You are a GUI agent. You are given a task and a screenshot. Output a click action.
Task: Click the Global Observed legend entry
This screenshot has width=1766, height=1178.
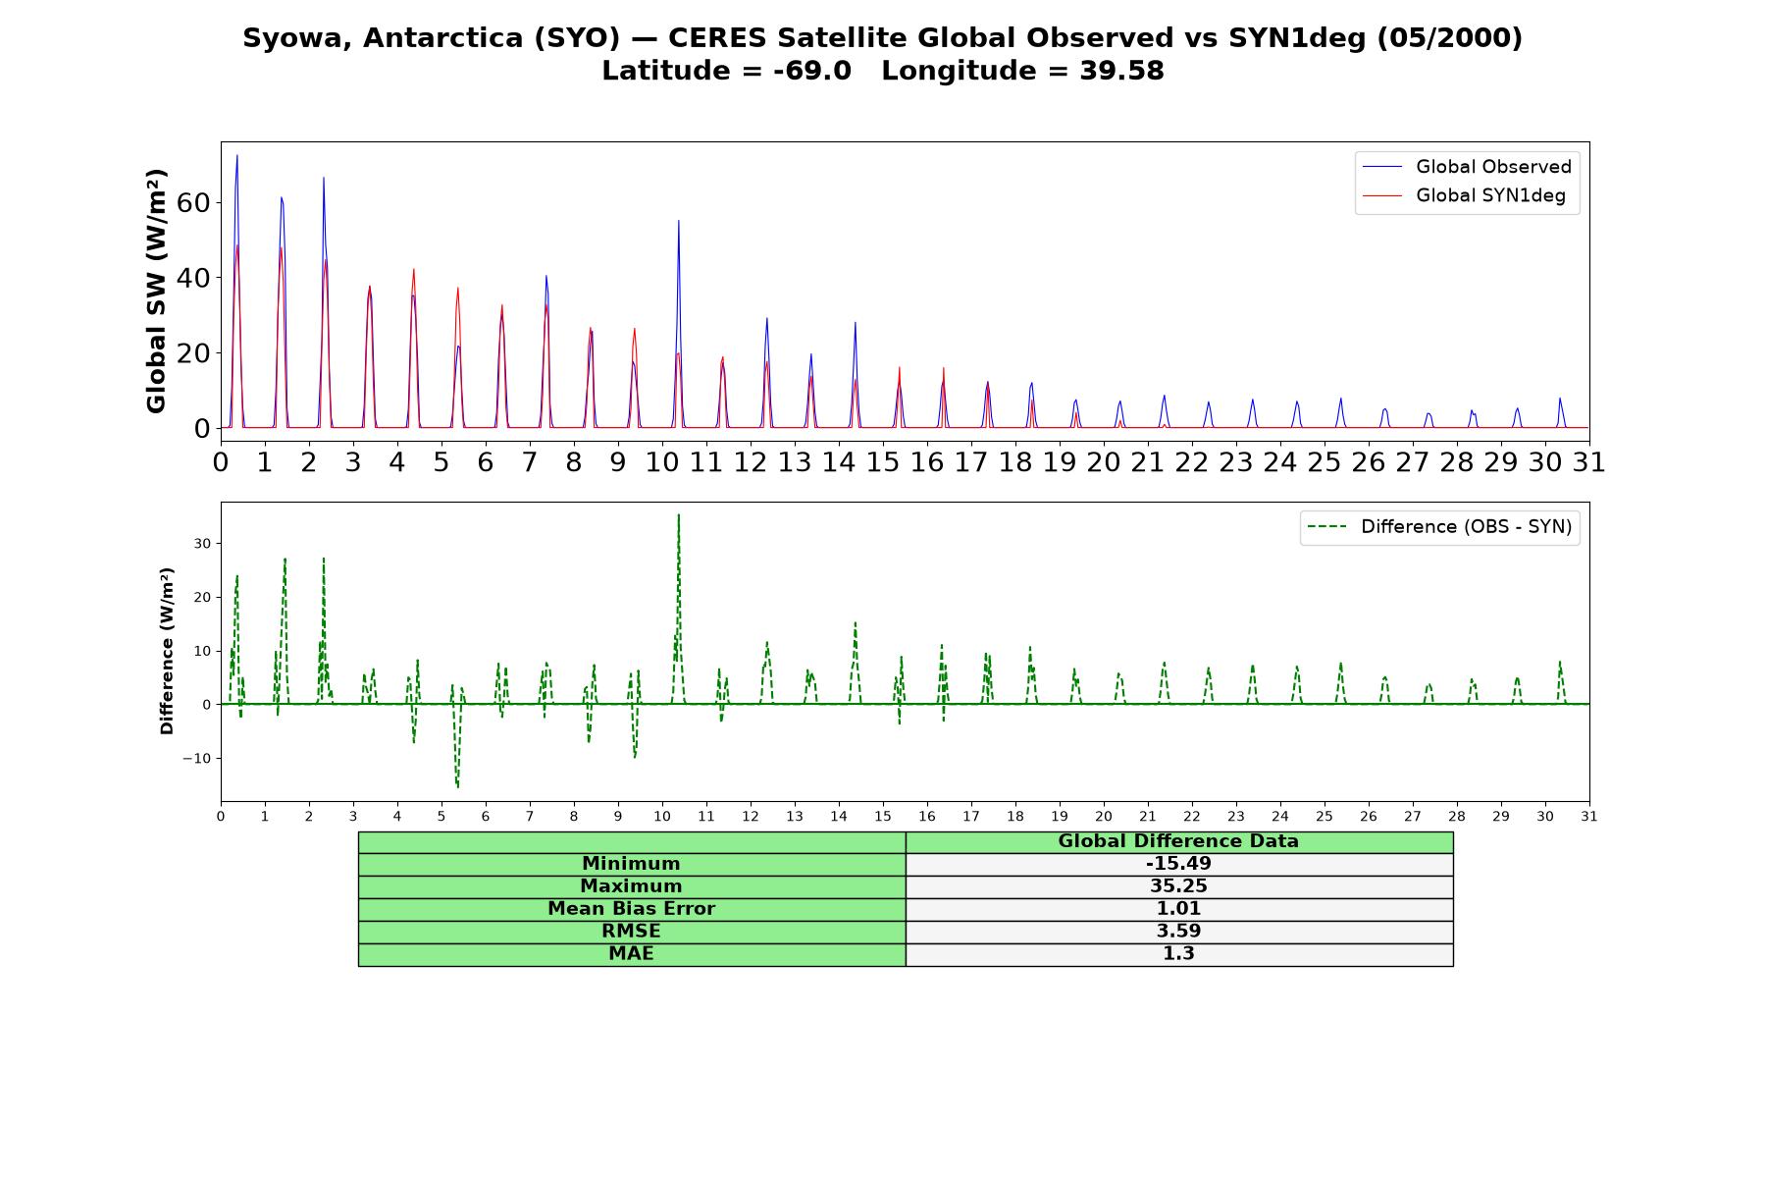[x=1467, y=167]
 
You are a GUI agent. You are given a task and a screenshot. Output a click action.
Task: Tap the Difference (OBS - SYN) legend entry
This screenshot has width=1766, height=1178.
[x=1439, y=527]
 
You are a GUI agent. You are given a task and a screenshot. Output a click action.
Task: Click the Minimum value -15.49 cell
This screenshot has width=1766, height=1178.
[x=1178, y=864]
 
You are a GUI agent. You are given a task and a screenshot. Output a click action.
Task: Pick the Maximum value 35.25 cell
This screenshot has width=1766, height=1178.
[x=1178, y=886]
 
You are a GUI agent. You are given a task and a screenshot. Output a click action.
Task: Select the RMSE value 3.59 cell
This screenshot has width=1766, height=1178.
[x=1178, y=932]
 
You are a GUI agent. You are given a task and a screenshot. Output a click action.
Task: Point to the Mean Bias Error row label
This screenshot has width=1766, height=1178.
[x=631, y=909]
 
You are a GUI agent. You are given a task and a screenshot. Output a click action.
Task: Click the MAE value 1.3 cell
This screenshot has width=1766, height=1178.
[x=1178, y=954]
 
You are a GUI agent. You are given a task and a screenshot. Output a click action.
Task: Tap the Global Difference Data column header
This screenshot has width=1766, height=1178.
[x=1178, y=841]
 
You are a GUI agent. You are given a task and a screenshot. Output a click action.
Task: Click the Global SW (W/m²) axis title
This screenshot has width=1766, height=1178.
[x=156, y=291]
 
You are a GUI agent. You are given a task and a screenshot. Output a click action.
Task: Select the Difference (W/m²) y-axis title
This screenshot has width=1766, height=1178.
[x=167, y=651]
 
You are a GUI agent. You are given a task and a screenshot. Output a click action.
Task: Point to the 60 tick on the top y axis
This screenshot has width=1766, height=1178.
[x=194, y=203]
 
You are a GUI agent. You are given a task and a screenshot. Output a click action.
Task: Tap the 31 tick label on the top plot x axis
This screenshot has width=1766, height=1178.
[x=1589, y=462]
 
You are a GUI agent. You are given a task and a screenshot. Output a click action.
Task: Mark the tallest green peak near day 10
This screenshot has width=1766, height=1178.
[x=678, y=514]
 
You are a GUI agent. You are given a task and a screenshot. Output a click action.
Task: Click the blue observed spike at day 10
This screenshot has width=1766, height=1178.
[x=678, y=221]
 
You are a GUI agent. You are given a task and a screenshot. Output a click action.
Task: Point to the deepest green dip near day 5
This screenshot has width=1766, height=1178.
[x=457, y=786]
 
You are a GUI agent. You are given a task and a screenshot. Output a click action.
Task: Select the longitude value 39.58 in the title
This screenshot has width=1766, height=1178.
[x=1121, y=71]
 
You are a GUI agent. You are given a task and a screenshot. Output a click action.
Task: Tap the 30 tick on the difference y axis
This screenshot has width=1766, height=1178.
[x=201, y=543]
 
